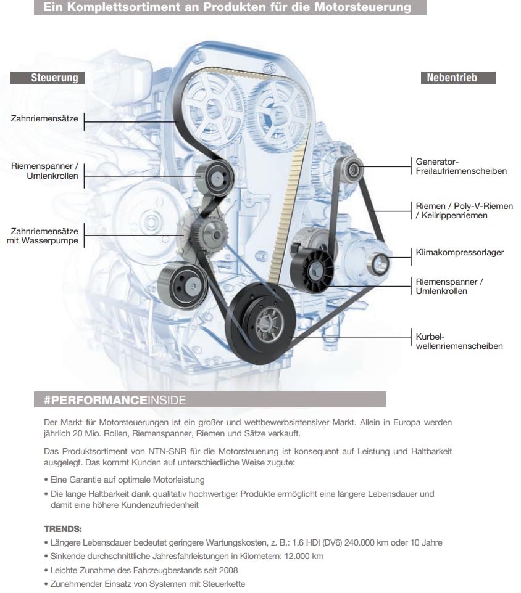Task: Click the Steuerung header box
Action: pos(54,78)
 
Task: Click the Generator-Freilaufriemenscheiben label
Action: pos(461,166)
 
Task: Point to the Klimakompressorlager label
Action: pos(460,252)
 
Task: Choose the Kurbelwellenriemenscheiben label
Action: pos(459,341)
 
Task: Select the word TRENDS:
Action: pos(63,529)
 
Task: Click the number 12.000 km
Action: pos(301,556)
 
